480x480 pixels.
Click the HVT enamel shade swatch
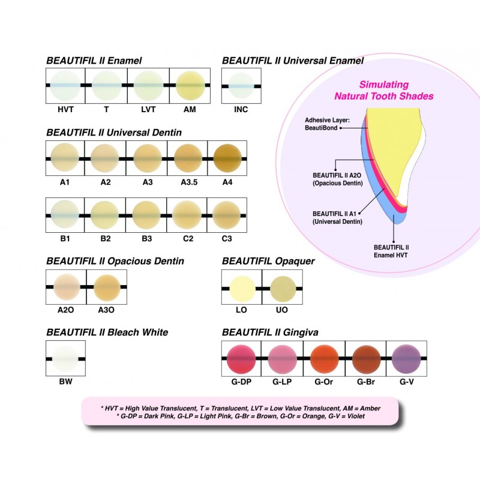click(x=65, y=85)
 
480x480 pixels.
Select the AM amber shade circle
click(x=190, y=85)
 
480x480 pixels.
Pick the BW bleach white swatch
click(x=65, y=359)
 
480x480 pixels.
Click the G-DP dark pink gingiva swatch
click(x=242, y=359)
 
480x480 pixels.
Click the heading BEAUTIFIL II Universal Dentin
click(x=114, y=131)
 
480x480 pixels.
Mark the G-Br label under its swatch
click(x=365, y=381)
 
